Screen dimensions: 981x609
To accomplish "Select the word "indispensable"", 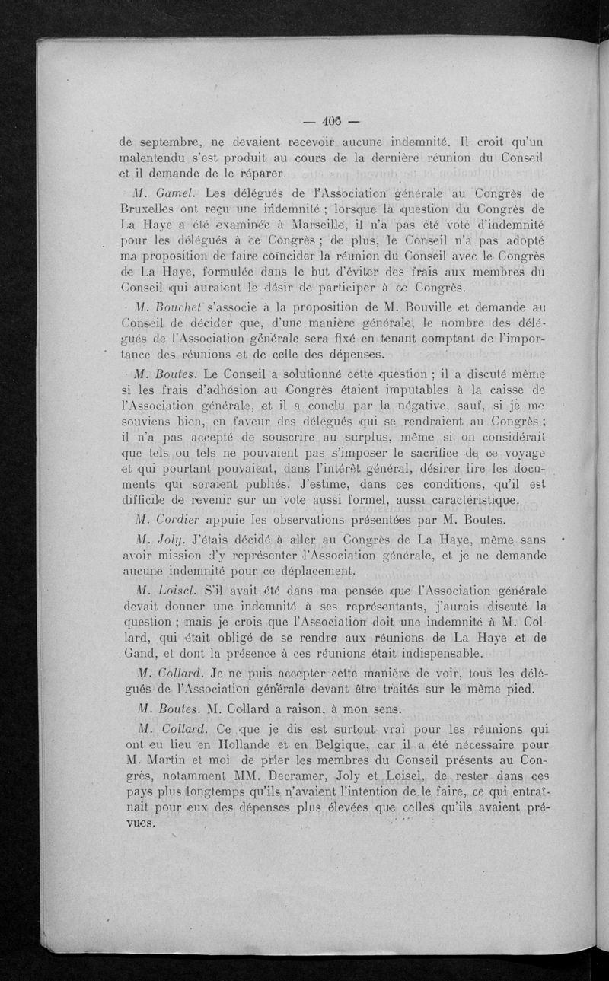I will coord(437,654).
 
